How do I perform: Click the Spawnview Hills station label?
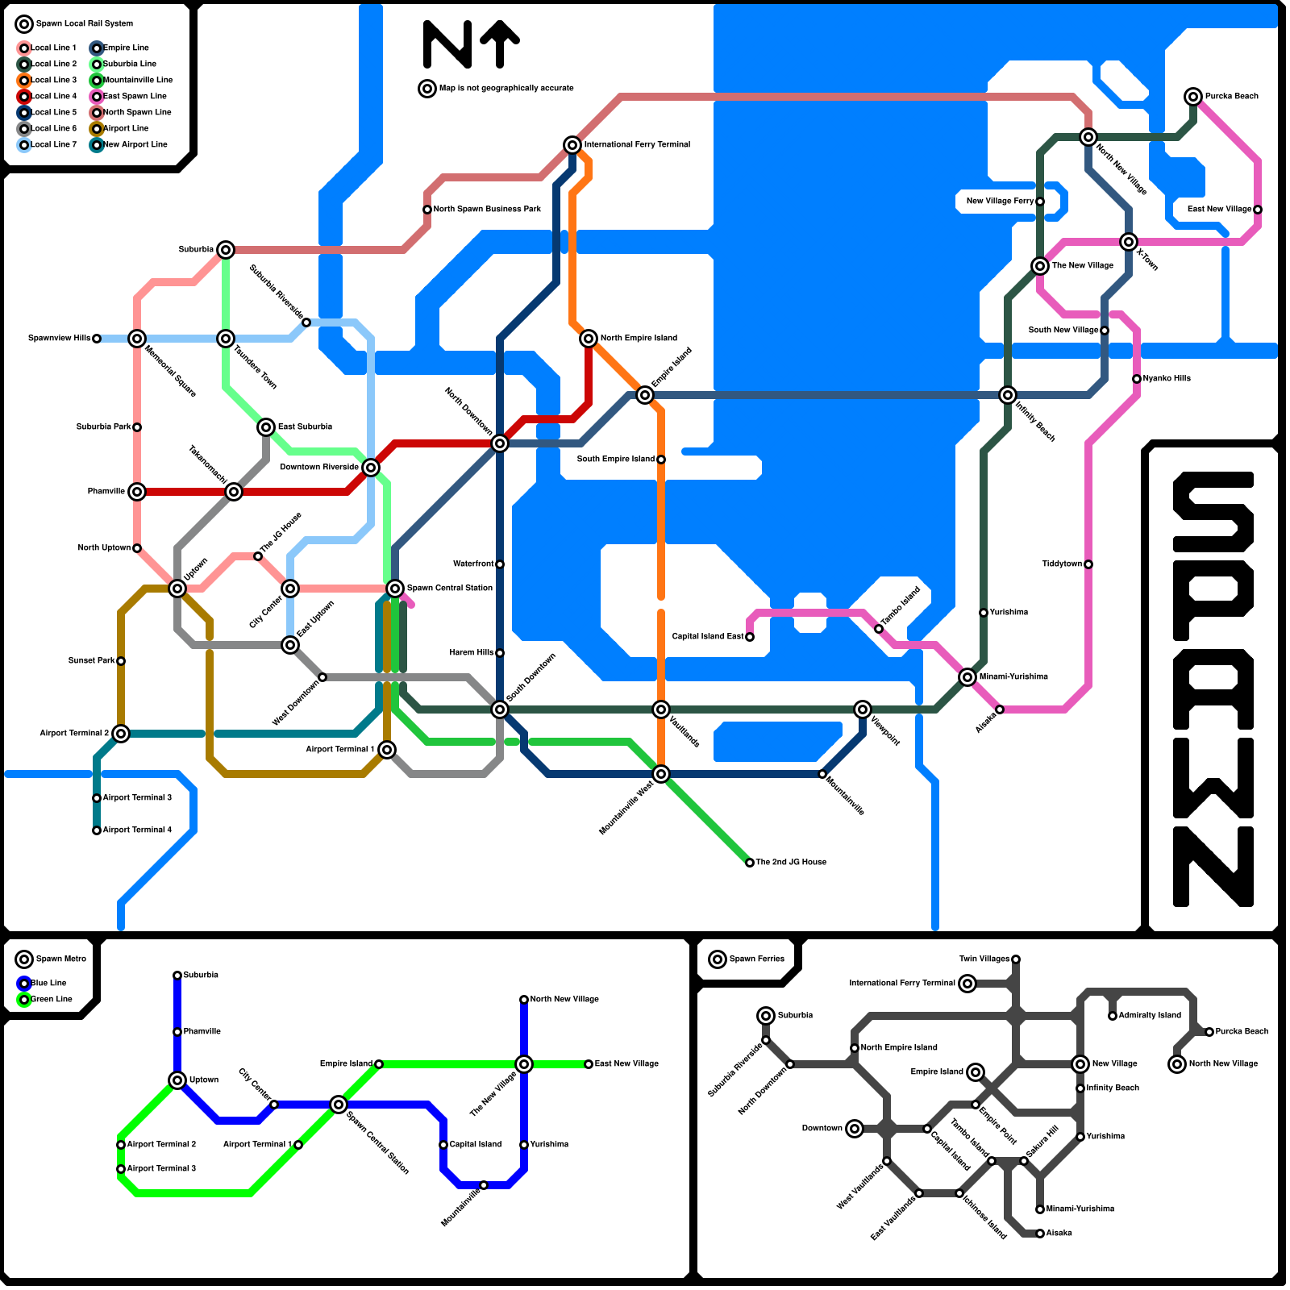[59, 339]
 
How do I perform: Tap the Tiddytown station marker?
[1088, 564]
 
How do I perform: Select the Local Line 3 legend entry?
[53, 80]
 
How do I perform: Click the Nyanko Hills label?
[1167, 379]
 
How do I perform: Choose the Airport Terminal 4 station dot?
[97, 830]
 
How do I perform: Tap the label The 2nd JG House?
[791, 863]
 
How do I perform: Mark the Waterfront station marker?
[500, 564]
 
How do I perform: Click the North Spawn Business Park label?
[487, 210]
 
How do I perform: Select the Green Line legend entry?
[52, 1000]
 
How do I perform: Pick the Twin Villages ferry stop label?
[984, 959]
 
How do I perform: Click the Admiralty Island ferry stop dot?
[1113, 1016]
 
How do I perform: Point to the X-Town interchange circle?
[1129, 242]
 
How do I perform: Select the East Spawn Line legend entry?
[135, 96]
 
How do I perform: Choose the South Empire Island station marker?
[661, 460]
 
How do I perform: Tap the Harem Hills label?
[472, 653]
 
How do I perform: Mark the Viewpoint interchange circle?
[863, 709]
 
